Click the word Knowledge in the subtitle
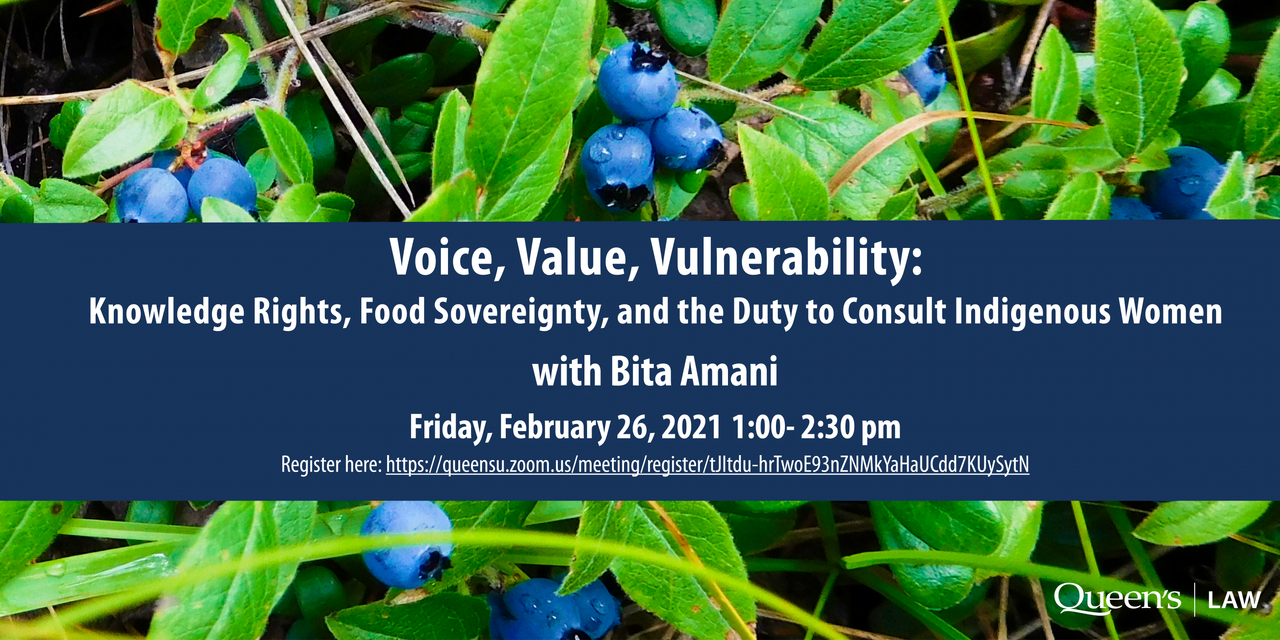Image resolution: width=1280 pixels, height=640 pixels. pyautogui.click(x=167, y=312)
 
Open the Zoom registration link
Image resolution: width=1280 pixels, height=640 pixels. pyautogui.click(x=708, y=465)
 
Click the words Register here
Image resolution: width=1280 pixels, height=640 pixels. pyautogui.click(x=331, y=465)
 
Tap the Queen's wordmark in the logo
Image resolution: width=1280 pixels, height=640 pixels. pyautogui.click(x=1117, y=599)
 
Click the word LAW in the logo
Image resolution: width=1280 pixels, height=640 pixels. pyautogui.click(x=1234, y=601)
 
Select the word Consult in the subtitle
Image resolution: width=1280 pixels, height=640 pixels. pyautogui.click(x=894, y=312)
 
